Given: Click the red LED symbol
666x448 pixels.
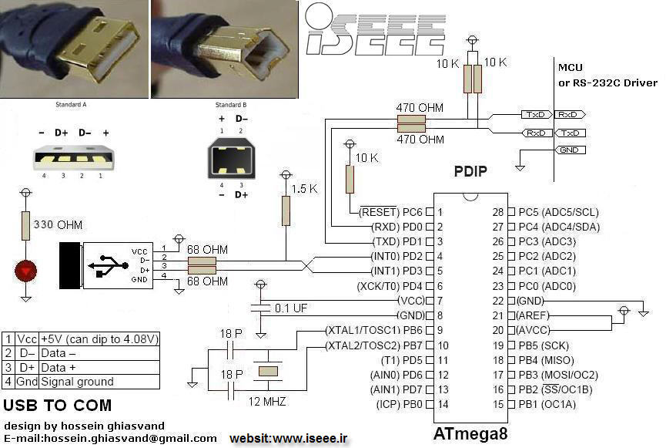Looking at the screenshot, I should (x=26, y=271).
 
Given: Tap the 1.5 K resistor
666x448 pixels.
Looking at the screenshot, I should (x=286, y=211).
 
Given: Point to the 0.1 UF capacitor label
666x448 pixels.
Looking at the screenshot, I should (x=291, y=308).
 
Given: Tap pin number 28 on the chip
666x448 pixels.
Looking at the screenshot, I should (x=497, y=212).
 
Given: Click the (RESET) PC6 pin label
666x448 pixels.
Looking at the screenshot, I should (x=392, y=212).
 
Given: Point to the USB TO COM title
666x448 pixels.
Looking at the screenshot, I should (x=58, y=406).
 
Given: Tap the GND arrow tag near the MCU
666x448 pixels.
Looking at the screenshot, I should (x=568, y=150).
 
